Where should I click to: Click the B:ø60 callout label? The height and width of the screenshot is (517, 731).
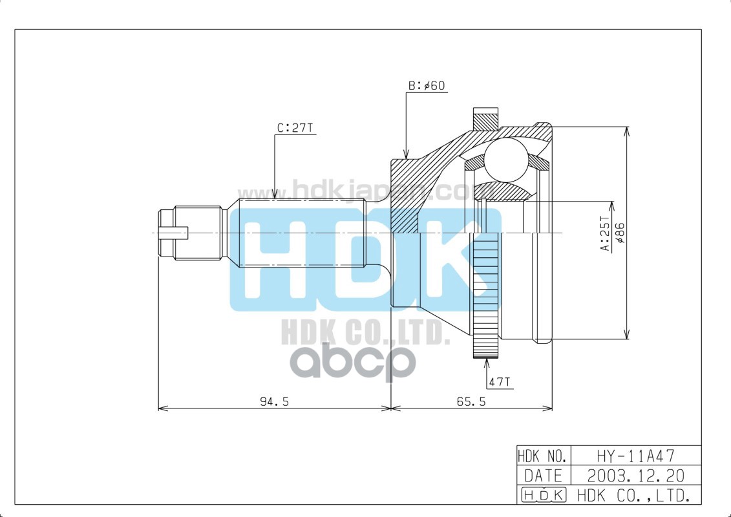(427, 86)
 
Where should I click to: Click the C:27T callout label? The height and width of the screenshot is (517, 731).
(295, 128)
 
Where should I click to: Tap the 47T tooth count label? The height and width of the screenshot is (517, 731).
(500, 382)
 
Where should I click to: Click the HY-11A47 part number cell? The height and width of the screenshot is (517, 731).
(626, 455)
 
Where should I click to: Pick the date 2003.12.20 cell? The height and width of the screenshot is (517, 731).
(626, 476)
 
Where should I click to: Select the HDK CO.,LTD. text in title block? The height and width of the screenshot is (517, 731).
(626, 496)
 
